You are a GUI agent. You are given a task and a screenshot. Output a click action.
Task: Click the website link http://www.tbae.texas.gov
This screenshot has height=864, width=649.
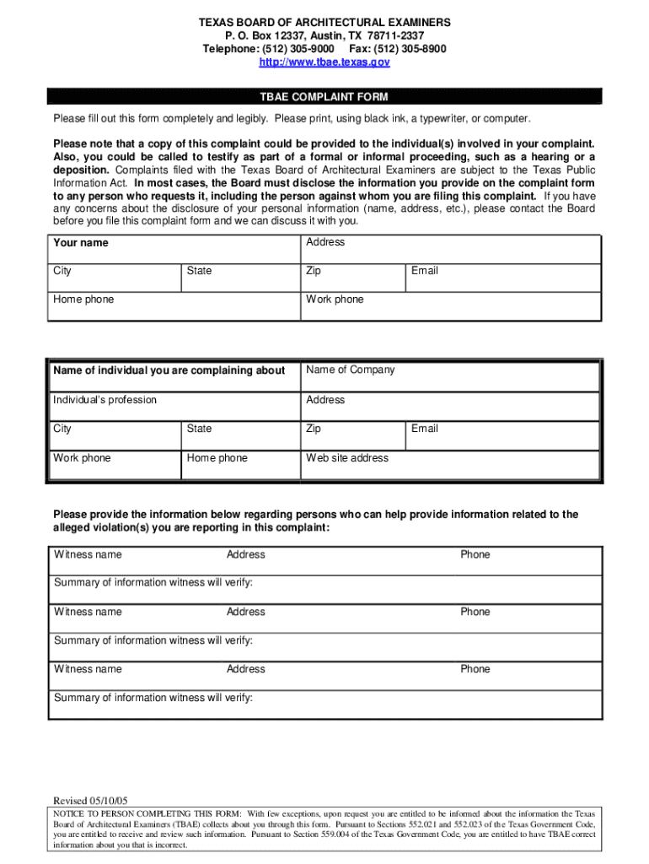[324, 62]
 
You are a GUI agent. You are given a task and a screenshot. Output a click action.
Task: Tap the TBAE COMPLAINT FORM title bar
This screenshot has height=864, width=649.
[324, 97]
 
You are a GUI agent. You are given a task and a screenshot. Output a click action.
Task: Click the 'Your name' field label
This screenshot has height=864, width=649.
[81, 243]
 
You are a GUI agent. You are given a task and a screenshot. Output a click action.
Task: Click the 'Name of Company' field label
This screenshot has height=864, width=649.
[350, 370]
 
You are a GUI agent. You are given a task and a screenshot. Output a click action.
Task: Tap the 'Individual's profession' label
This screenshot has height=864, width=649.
[105, 400]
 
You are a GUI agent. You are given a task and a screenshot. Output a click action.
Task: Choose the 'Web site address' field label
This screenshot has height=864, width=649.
[347, 458]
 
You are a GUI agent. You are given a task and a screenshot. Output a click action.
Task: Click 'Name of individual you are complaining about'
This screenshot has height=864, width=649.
[169, 370]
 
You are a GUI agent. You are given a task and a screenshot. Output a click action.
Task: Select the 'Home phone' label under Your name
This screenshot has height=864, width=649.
[83, 300]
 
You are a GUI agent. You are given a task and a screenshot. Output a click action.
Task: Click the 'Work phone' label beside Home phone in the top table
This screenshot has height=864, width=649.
[335, 300]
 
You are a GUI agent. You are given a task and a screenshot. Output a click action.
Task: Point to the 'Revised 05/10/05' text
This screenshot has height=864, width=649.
[91, 801]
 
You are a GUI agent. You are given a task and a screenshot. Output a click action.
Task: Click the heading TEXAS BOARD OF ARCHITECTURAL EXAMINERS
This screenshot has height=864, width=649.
[324, 22]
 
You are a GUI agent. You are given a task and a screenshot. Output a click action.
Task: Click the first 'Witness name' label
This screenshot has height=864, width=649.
[88, 554]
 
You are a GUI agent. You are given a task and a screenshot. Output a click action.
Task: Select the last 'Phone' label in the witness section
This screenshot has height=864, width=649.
[475, 669]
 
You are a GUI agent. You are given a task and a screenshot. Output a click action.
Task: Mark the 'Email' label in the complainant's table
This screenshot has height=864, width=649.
[424, 271]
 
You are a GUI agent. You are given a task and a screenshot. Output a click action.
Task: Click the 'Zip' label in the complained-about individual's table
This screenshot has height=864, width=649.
[314, 429]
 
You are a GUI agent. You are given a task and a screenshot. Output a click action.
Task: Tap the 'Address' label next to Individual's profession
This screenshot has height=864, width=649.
[325, 400]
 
